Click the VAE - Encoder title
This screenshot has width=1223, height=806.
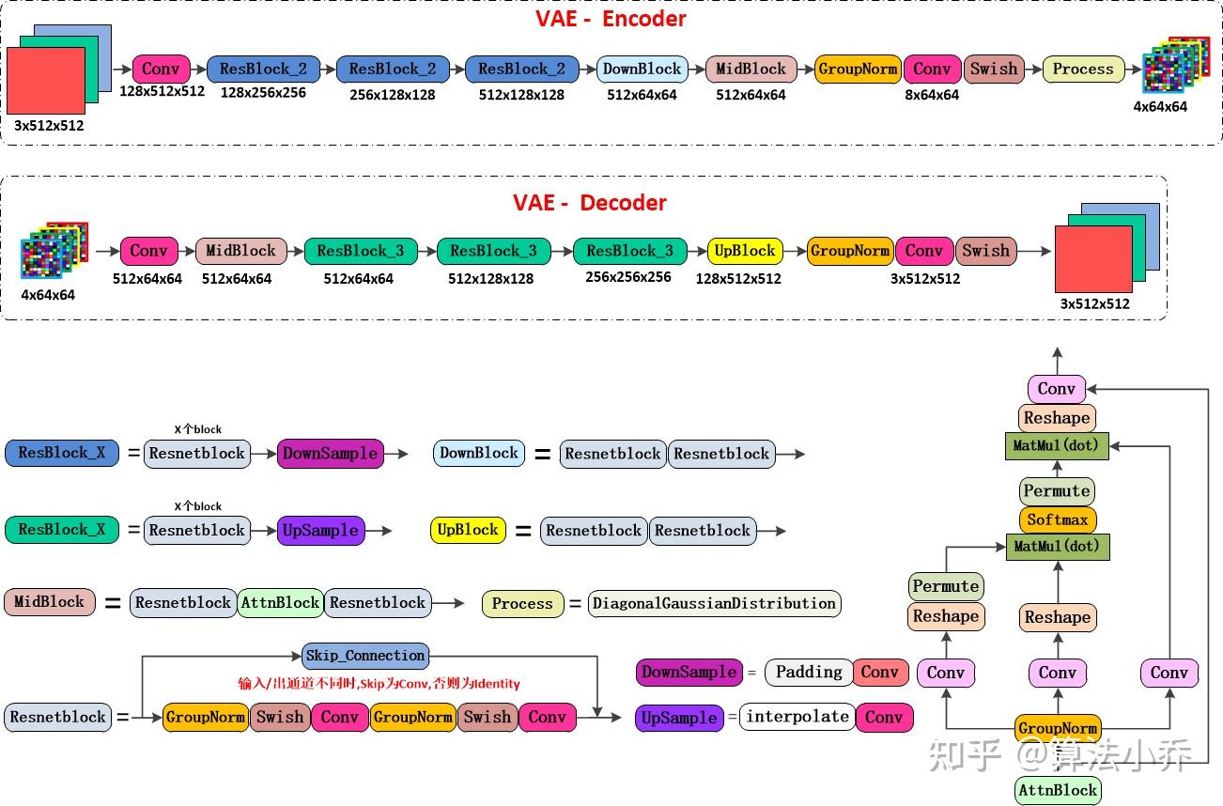pos(611,19)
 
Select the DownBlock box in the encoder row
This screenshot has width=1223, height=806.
pos(642,69)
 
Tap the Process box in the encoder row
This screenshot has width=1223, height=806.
pos(1082,69)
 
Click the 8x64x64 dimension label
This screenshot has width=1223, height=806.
pos(932,95)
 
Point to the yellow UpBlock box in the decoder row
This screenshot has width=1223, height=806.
pos(745,251)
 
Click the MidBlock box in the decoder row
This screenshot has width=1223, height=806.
pos(240,251)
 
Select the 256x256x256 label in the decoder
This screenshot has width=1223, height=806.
pos(627,277)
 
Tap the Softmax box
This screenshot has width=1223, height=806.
pos(1057,519)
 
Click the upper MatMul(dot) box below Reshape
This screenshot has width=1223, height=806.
pos(1057,445)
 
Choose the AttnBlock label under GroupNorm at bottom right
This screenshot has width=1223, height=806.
pos(1057,790)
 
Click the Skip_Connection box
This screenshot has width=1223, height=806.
pos(366,656)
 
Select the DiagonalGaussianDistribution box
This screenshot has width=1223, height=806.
pos(714,603)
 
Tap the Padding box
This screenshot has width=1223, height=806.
pos(809,672)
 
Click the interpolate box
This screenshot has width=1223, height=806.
pos(797,717)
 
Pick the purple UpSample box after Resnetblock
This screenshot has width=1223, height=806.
pos(320,530)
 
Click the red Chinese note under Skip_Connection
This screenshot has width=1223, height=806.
pos(379,684)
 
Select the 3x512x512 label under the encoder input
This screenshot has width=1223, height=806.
pos(49,125)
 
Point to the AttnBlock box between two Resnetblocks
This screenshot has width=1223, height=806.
pos(280,602)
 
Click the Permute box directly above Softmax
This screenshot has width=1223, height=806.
pos(1057,490)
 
